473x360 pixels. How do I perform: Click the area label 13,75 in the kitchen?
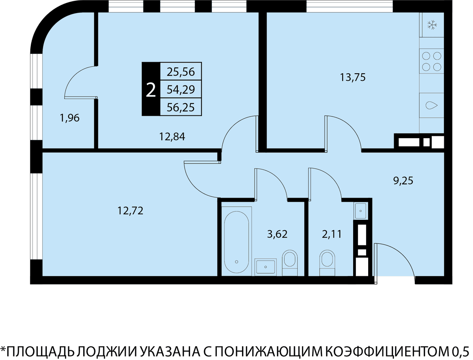[x=353, y=78]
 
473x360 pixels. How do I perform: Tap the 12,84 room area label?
[x=172, y=137]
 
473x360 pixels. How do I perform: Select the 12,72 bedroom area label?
[x=130, y=210]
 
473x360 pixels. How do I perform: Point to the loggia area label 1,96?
[x=70, y=118]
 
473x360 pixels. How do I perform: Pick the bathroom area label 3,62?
[x=277, y=234]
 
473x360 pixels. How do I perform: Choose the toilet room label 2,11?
[x=332, y=234]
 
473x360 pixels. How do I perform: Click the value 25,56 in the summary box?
[x=181, y=72]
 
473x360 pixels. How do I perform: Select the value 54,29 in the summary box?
[x=181, y=89]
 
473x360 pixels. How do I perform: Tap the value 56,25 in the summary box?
[x=181, y=107]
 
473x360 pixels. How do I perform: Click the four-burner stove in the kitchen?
[x=431, y=61]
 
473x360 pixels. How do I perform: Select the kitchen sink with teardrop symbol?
[x=431, y=106]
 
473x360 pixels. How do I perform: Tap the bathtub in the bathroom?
[x=236, y=241]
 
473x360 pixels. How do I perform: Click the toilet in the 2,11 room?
[x=327, y=263]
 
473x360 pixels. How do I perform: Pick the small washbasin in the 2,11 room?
[x=361, y=211]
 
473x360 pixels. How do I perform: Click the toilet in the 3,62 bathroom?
[x=290, y=263]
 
